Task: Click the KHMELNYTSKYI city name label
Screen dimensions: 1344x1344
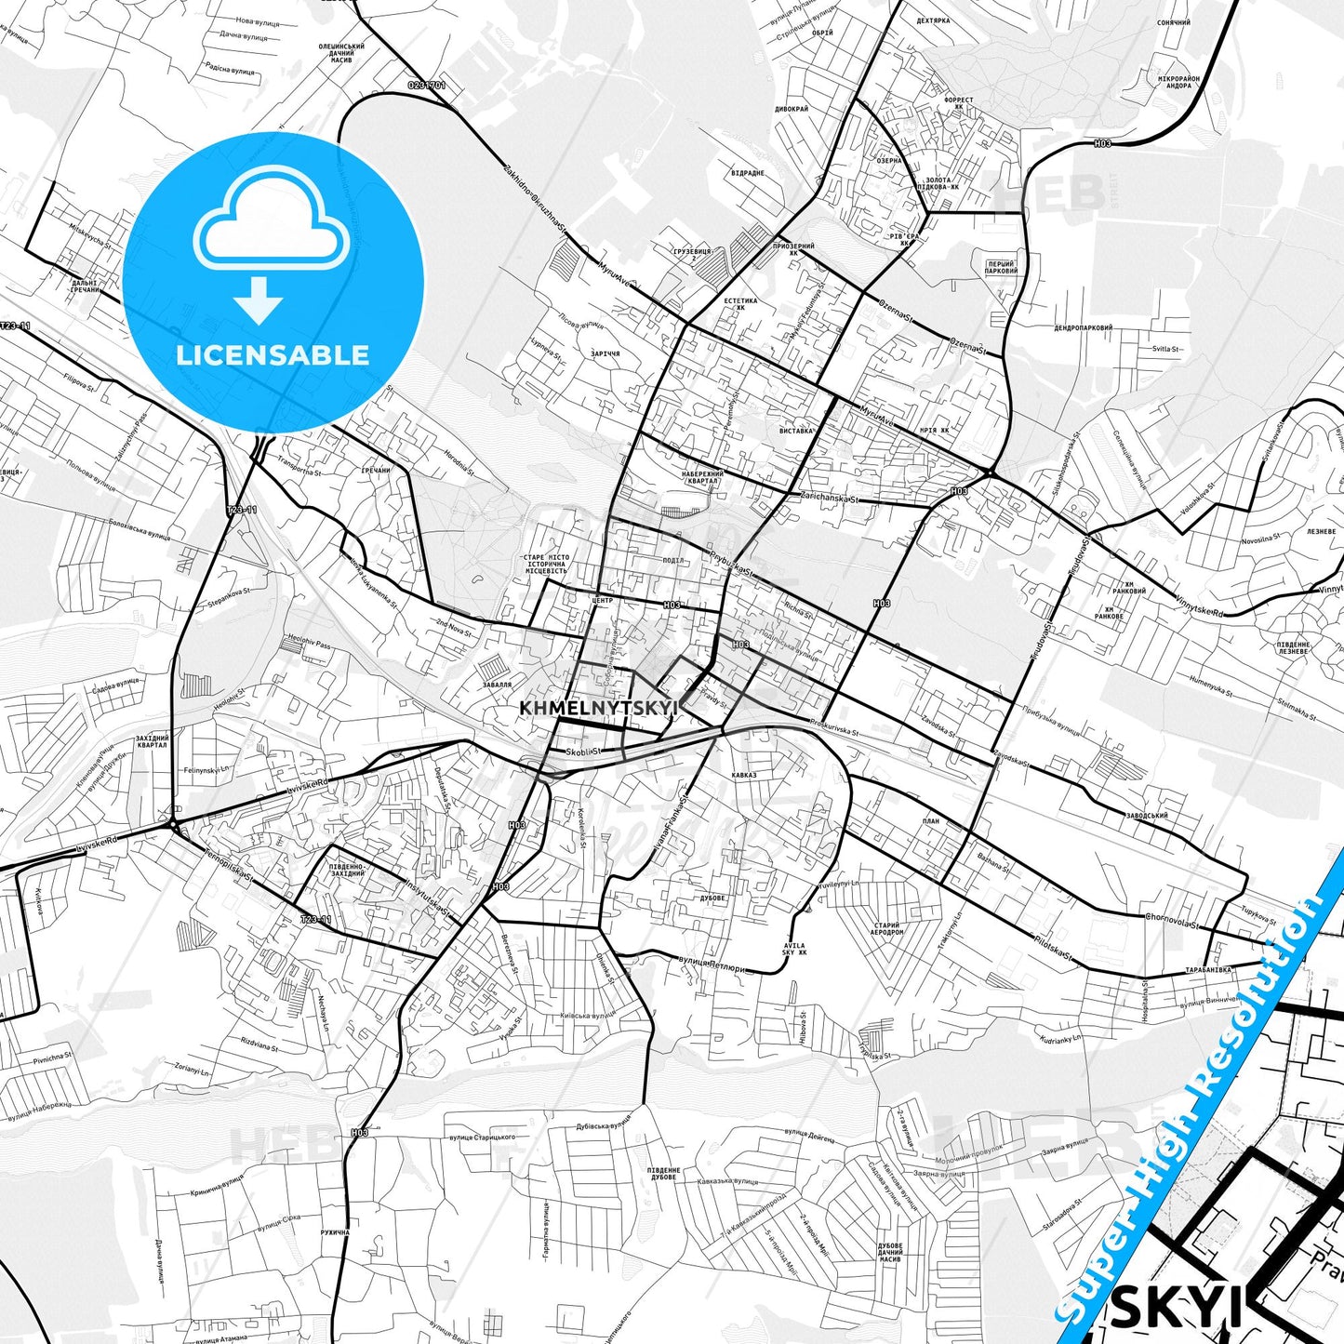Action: click(600, 708)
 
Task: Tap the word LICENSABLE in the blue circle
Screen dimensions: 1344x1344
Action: click(273, 355)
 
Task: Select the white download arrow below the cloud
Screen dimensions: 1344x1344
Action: click(259, 299)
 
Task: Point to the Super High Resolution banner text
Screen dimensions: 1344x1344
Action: click(1200, 1098)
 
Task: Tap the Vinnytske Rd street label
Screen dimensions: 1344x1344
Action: click(1200, 605)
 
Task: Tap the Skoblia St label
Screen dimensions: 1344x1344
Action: click(584, 751)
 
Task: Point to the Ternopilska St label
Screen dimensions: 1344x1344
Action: click(230, 866)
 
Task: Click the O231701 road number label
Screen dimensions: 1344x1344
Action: click(427, 86)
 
